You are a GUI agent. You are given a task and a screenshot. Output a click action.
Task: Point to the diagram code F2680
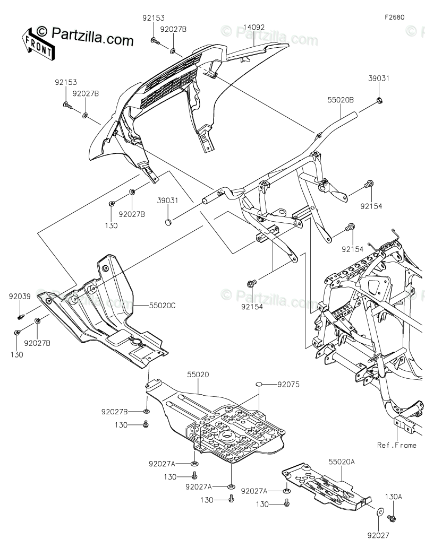click(x=395, y=16)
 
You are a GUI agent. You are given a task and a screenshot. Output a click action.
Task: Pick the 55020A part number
click(x=341, y=462)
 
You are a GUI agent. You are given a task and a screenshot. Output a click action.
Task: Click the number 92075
click(x=288, y=385)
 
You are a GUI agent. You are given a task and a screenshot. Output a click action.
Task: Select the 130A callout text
click(x=394, y=497)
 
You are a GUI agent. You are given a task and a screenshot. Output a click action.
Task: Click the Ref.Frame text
click(x=397, y=445)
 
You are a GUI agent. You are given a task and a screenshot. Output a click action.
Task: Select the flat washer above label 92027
click(x=381, y=512)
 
